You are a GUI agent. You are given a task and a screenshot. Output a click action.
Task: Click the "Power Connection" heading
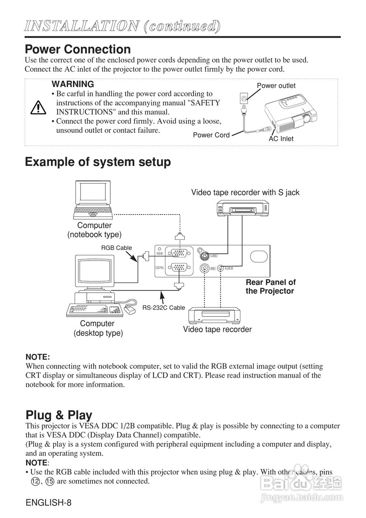click(77, 49)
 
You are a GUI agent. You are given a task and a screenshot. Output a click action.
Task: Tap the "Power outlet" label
click(276, 86)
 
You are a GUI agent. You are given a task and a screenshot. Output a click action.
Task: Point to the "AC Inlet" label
click(281, 139)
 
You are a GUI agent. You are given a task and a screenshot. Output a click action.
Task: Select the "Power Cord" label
click(211, 135)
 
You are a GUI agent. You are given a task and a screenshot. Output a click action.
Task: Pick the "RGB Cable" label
click(116, 248)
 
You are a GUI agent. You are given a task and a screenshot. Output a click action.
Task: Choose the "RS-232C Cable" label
click(163, 308)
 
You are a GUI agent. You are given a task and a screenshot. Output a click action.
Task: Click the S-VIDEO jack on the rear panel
click(203, 256)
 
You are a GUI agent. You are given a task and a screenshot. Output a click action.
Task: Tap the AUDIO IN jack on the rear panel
click(220, 268)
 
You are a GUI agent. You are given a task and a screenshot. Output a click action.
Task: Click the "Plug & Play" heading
click(59, 415)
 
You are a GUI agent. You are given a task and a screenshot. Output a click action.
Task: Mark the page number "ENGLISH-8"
click(48, 503)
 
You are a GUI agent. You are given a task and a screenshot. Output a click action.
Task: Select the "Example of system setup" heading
click(98, 162)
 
